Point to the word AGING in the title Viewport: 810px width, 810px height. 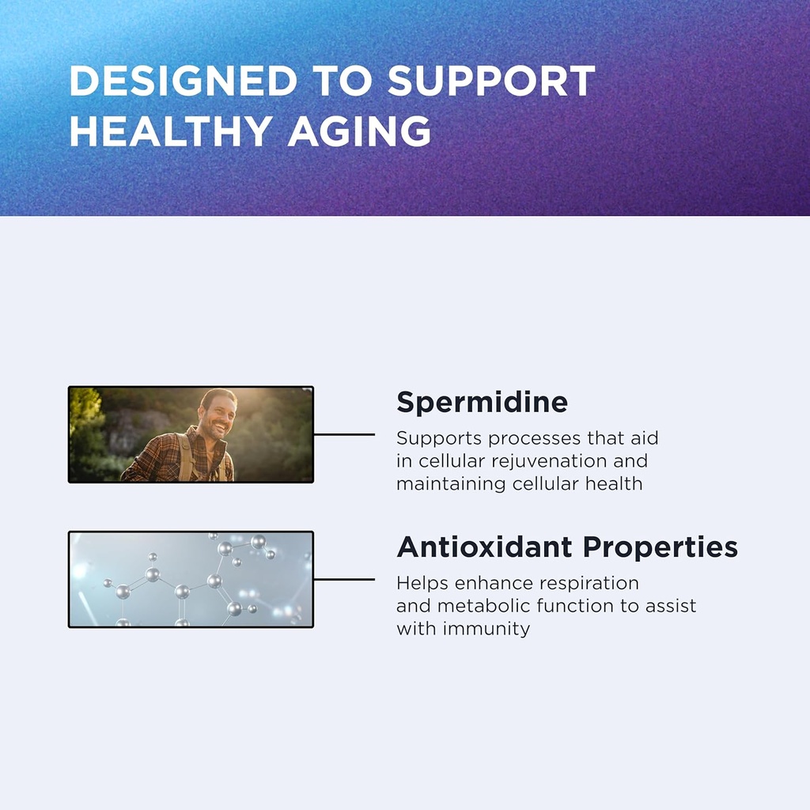click(x=359, y=131)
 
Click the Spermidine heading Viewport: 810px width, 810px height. click(x=482, y=403)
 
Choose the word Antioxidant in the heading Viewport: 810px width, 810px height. click(x=484, y=547)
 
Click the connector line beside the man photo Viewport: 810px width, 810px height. click(x=344, y=434)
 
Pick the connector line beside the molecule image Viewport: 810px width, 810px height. click(x=344, y=579)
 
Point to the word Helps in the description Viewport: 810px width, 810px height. click(x=422, y=583)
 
